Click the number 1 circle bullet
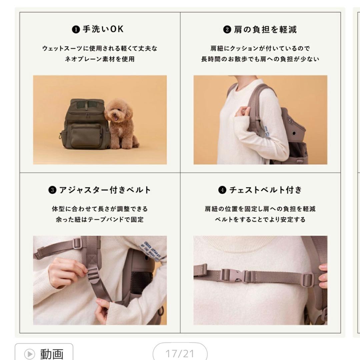tap(76, 30)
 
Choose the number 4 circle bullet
tap(222, 190)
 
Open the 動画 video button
tap(44, 353)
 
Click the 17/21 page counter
tap(180, 353)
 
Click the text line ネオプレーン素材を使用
tap(100, 59)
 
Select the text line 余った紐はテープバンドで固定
tap(100, 220)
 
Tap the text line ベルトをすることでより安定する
tap(260, 220)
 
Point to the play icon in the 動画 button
tap(30, 353)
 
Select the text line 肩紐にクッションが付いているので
tap(260, 48)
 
